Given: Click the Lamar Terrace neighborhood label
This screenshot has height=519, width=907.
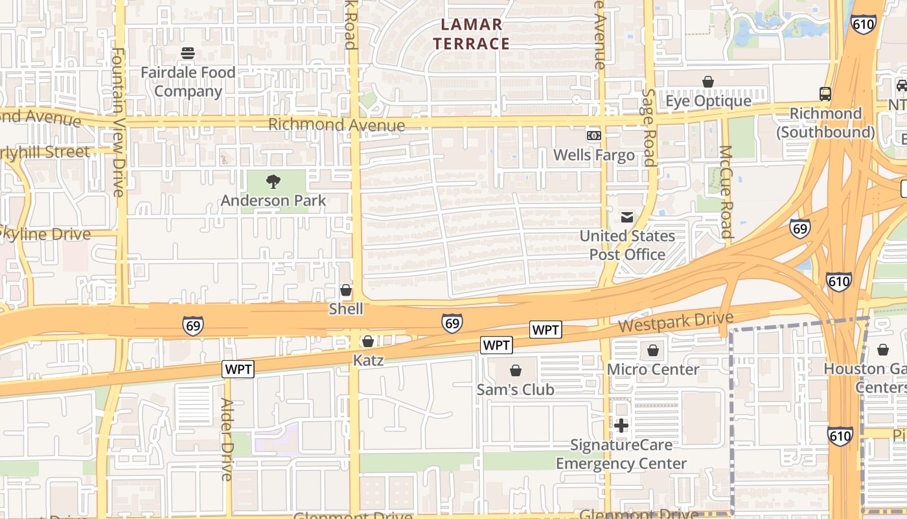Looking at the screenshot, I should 472,34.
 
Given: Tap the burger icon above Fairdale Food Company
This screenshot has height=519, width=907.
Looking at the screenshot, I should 188,53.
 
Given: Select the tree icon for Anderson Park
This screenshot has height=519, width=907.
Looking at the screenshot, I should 273,182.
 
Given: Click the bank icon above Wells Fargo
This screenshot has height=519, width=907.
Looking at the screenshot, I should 593,136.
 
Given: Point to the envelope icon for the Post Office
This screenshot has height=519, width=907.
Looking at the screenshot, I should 627,217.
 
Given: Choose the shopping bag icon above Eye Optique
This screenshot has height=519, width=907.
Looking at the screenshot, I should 708,82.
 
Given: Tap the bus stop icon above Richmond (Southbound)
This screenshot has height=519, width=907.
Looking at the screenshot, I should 825,94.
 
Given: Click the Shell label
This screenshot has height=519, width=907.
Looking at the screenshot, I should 346,309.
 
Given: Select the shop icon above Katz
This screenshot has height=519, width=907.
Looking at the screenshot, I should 368,341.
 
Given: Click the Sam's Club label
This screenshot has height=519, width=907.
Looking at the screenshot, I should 516,389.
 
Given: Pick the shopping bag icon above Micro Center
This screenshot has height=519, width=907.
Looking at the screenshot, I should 653,351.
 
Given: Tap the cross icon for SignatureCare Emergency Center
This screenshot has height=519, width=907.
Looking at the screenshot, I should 621,426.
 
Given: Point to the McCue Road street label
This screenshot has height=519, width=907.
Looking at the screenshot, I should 726,191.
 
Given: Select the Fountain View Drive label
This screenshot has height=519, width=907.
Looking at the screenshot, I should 118,122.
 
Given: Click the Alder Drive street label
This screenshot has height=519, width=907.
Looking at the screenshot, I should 226,439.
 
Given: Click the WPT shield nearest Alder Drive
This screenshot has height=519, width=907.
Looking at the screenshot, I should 238,370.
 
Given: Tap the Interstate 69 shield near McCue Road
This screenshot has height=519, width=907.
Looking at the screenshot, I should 800,228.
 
